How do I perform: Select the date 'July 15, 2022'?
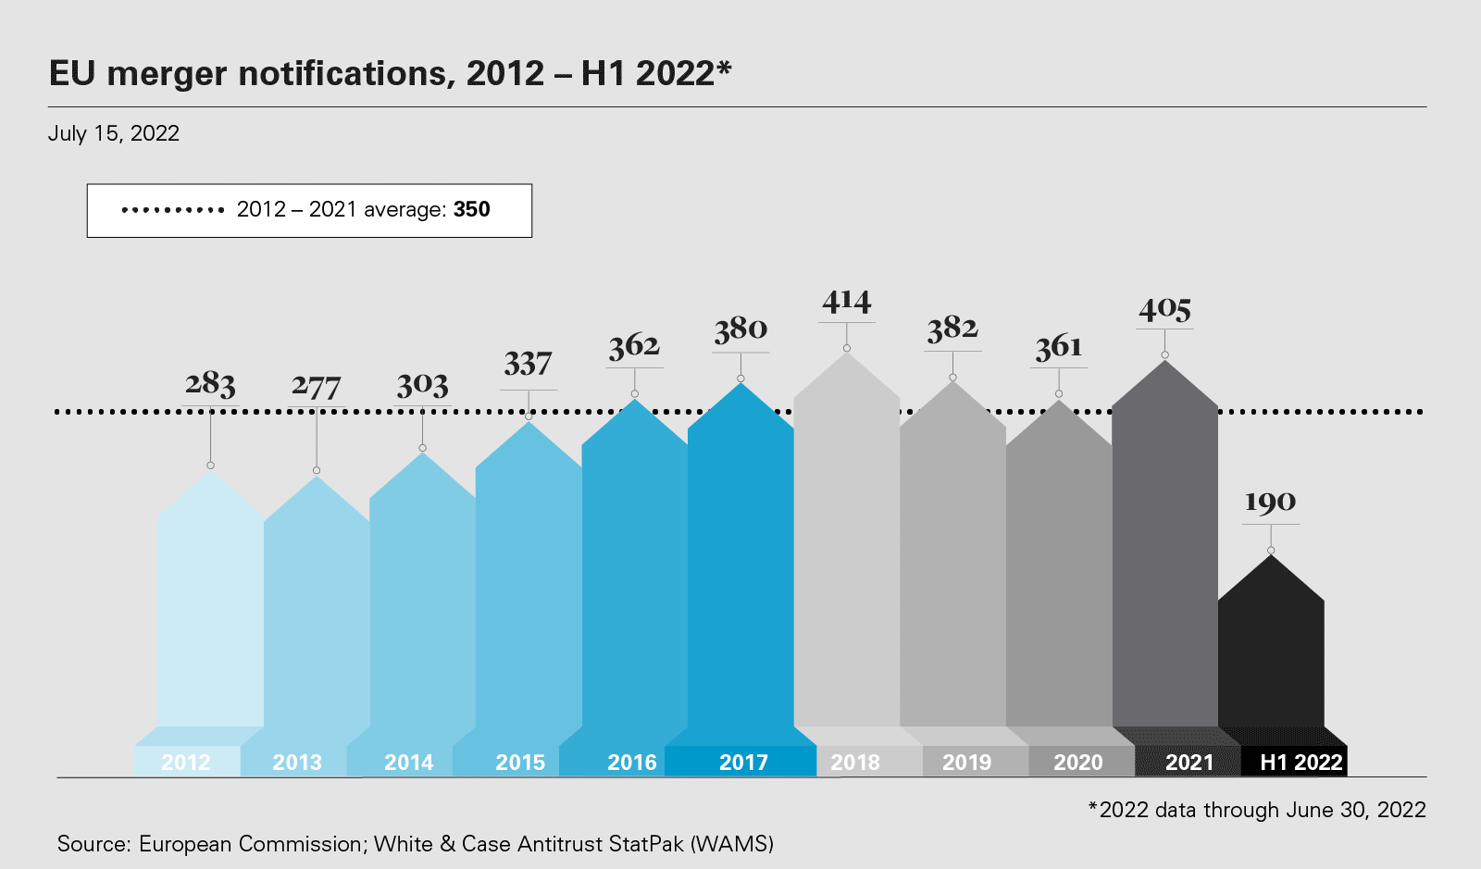114,133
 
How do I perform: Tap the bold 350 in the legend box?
472,209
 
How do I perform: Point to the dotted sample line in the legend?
173,210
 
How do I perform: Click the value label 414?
847,302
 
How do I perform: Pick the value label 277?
317,386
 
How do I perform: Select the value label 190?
1270,503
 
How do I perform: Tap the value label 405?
1164,309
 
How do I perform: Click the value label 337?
528,364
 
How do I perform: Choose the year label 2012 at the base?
186,762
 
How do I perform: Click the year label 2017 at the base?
743,762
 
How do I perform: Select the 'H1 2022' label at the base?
1301,762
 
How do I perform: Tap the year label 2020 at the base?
1078,762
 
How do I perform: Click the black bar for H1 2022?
1271,657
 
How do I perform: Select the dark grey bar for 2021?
1164,555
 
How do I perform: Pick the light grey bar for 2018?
847,555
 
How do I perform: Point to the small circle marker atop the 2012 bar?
211,466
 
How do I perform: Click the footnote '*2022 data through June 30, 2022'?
1257,810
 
